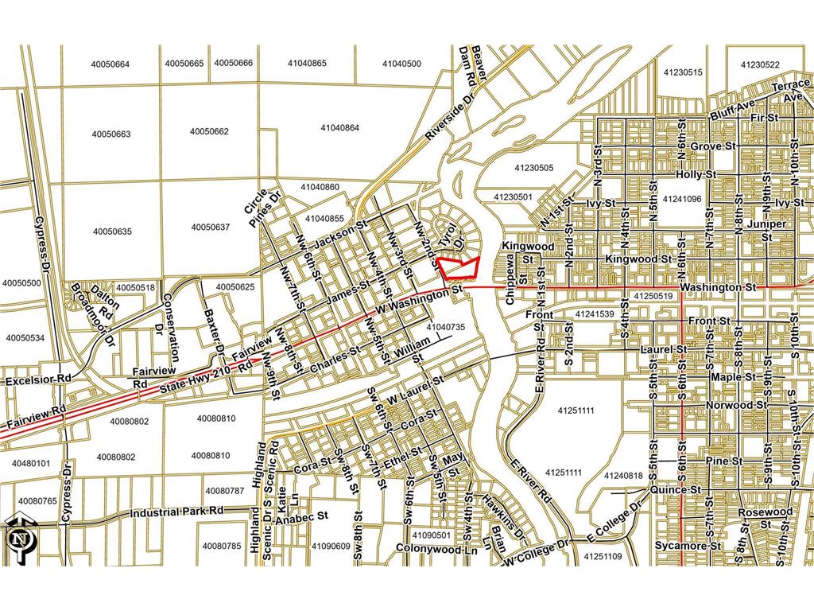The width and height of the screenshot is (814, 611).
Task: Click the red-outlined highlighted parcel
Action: (x=459, y=267)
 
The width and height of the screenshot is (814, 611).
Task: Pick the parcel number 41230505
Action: (x=533, y=168)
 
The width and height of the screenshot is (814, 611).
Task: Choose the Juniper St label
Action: (x=766, y=230)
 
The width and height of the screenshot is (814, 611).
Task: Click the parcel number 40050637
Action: (x=210, y=228)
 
